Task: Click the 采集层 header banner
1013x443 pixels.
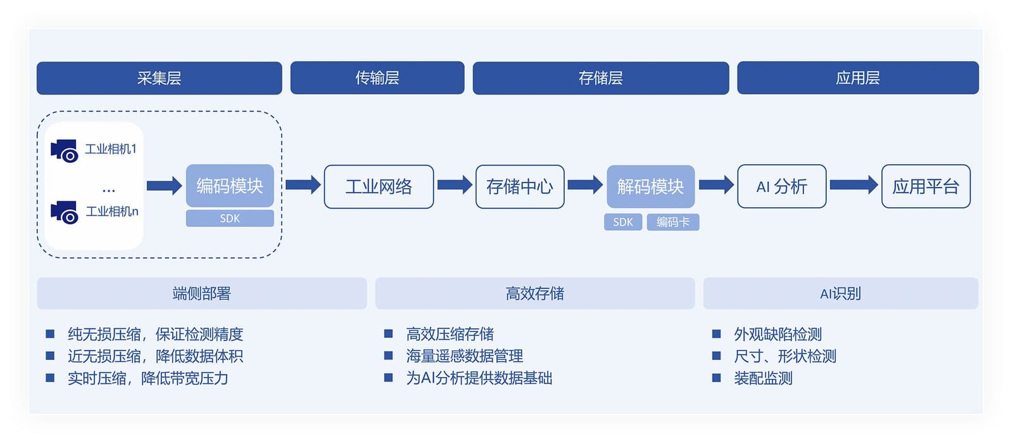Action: [159, 78]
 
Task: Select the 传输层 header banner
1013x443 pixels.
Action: [377, 78]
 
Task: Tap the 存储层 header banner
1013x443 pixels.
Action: [600, 78]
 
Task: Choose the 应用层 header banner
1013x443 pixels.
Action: [857, 78]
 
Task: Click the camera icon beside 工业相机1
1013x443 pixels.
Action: [65, 151]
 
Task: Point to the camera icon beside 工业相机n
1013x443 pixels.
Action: [65, 212]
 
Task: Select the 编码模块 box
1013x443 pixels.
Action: [230, 186]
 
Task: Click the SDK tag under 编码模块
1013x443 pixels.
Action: [230, 219]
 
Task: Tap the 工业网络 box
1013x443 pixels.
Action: [379, 186]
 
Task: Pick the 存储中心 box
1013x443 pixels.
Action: [520, 186]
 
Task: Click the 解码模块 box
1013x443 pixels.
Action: [650, 186]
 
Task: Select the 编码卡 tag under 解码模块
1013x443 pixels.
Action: [672, 222]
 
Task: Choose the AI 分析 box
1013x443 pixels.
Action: [781, 186]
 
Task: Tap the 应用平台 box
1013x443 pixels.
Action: [926, 186]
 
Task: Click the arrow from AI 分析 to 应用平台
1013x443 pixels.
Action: [853, 185]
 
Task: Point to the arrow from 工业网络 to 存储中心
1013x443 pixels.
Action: [455, 185]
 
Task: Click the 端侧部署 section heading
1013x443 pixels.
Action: [201, 293]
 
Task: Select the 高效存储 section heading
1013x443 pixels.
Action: [534, 293]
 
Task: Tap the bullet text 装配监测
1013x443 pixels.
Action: [763, 378]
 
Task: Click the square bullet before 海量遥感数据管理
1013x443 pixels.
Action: [389, 356]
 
